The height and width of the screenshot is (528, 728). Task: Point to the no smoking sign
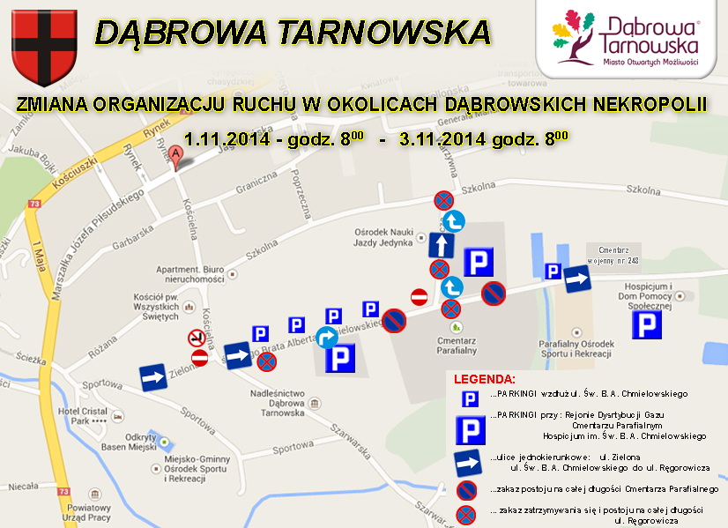[196, 337]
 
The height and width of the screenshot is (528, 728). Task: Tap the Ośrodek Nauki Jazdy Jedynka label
[383, 238]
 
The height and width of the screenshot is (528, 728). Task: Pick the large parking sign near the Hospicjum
[646, 323]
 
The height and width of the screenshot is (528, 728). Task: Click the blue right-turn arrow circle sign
[327, 338]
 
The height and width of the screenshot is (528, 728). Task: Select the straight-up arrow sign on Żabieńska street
[442, 244]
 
